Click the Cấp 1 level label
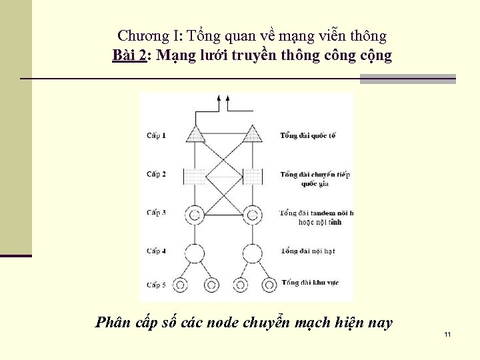point(157,136)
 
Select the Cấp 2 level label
point(157,175)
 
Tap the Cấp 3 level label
point(157,213)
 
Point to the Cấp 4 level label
point(157,251)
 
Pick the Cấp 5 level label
point(157,285)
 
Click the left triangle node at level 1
point(195,135)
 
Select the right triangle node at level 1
point(252,135)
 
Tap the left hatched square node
point(194,176)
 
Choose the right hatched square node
point(253,176)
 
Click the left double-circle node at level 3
point(195,215)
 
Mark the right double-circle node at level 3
point(252,215)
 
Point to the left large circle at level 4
point(195,253)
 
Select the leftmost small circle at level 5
point(178,285)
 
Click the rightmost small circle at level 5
point(269,285)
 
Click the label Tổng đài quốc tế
point(308,136)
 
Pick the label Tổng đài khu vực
point(310,283)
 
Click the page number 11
point(447,334)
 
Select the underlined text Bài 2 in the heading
point(129,56)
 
